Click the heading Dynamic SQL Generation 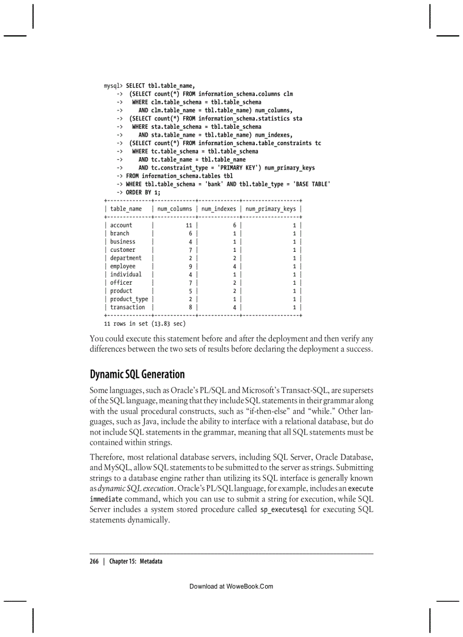tap(137, 374)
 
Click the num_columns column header tap(174, 209)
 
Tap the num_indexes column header tap(218, 209)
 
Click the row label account tap(121, 225)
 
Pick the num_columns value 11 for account tap(190, 225)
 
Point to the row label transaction tap(127, 307)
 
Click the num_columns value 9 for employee tap(191, 266)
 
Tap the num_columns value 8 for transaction tap(191, 307)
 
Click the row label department tap(125, 258)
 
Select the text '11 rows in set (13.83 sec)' tap(145, 324)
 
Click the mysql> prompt tap(113, 86)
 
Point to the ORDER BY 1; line tap(139, 192)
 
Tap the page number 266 tap(94, 561)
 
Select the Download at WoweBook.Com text tap(231, 587)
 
